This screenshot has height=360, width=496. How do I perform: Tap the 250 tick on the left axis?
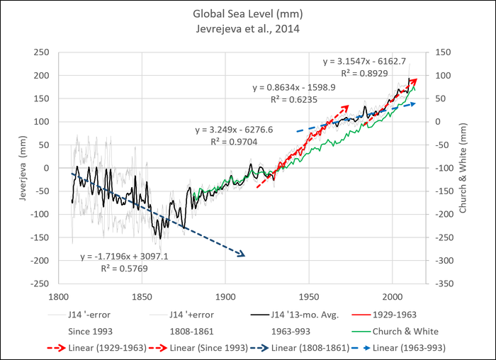coord(43,52)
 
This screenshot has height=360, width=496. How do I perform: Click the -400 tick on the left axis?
coord(41,283)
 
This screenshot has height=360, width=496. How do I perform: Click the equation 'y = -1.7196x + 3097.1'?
coord(122,256)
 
